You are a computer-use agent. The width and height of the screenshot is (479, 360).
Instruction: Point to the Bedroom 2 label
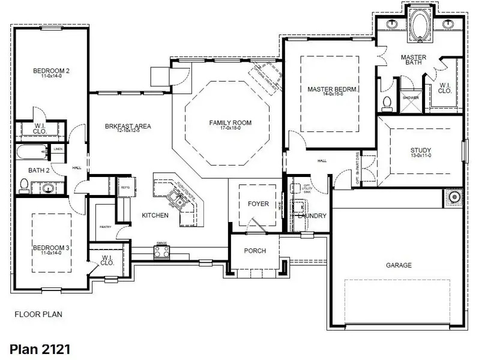pyautogui.click(x=51, y=71)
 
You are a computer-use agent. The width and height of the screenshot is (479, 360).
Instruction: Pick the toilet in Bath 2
pyautogui.click(x=24, y=184)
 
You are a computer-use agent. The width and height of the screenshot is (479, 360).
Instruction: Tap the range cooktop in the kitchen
pyautogui.click(x=161, y=252)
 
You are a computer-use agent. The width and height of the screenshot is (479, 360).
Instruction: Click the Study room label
pyautogui.click(x=421, y=151)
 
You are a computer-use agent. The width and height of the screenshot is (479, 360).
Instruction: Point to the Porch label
pyautogui.click(x=255, y=251)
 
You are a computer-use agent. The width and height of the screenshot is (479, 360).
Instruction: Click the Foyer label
pyautogui.click(x=258, y=204)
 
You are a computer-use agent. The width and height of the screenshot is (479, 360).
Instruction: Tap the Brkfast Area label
pyautogui.click(x=128, y=127)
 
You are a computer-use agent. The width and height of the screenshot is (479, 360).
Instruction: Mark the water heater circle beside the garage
pyautogui.click(x=454, y=196)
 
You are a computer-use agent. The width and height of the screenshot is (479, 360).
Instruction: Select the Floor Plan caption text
pyautogui.click(x=38, y=314)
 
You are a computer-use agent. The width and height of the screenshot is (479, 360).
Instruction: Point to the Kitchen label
pyautogui.click(x=155, y=215)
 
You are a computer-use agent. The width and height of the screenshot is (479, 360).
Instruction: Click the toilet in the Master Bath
pyautogui.click(x=387, y=103)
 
